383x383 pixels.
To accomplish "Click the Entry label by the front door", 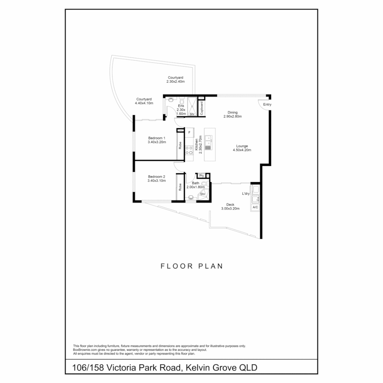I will (x=267, y=105).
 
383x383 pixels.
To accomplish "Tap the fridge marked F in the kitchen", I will (x=189, y=132).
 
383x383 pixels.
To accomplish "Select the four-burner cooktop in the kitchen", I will (x=189, y=150).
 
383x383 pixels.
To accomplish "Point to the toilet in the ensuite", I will (x=182, y=101).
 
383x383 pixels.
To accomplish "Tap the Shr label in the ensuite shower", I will (x=192, y=114).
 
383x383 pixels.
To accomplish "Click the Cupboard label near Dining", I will (x=201, y=108).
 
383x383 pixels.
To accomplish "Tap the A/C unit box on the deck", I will (x=255, y=207).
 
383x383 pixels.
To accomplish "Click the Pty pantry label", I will (x=201, y=176).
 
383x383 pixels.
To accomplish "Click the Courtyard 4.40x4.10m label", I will (x=144, y=101).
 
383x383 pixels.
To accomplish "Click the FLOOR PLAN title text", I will (x=191, y=266).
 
